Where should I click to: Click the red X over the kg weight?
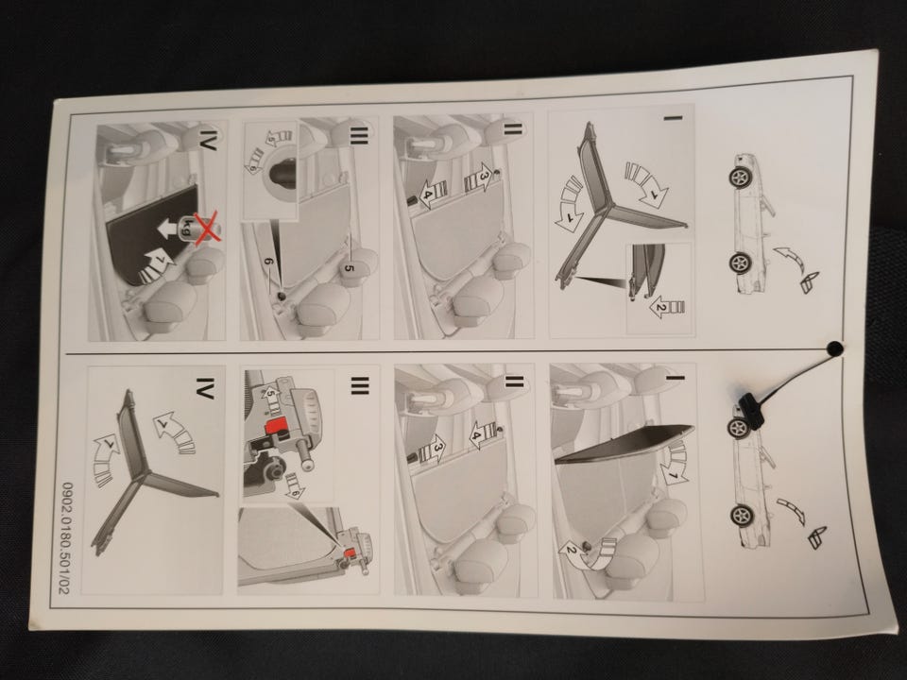(x=207, y=228)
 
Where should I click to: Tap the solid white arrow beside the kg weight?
(x=169, y=229)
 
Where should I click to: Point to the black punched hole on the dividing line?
(x=834, y=348)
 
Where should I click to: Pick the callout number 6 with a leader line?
(x=267, y=262)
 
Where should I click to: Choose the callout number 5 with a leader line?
(x=349, y=267)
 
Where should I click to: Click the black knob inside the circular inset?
(x=282, y=173)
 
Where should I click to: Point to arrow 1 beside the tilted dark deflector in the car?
(x=676, y=463)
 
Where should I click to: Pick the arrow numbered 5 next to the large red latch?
(x=271, y=397)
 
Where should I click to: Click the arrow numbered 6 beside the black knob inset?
(x=254, y=159)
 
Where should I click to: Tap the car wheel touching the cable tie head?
(x=739, y=428)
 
